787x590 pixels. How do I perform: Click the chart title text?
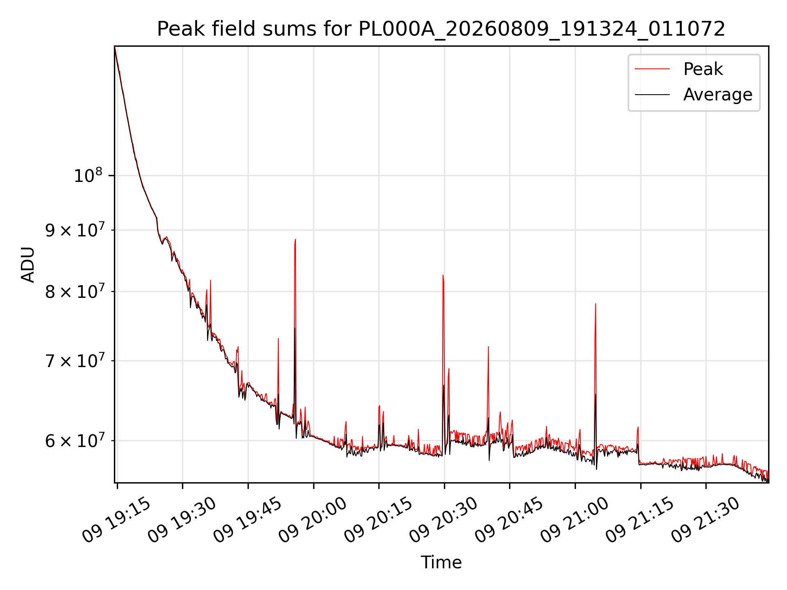(x=441, y=29)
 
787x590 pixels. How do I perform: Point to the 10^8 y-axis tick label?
(x=88, y=175)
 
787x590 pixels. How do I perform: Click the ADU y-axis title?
(x=28, y=264)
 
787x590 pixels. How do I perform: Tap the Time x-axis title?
(x=441, y=563)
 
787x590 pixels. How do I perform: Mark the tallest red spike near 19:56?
(x=295, y=239)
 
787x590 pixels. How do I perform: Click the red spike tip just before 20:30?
(x=443, y=275)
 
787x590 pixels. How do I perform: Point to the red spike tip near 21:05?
(x=596, y=304)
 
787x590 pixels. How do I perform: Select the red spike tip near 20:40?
(x=488, y=347)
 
